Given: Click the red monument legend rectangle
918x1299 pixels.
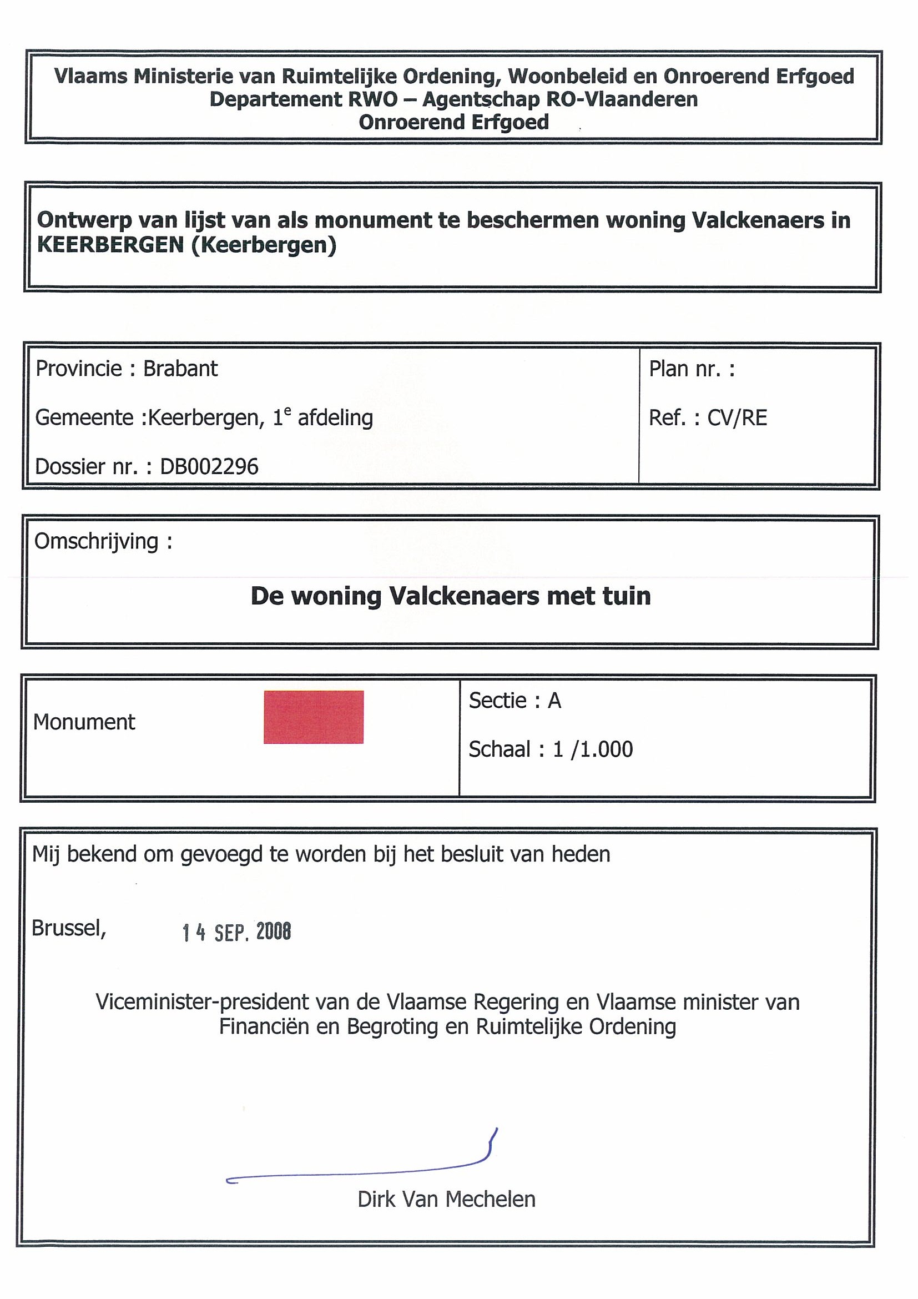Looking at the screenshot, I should (314, 717).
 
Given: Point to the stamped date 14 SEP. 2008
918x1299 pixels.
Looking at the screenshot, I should (236, 932).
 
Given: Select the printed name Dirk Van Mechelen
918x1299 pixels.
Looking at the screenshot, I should (446, 1200).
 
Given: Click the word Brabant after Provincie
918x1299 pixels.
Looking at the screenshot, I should (180, 369).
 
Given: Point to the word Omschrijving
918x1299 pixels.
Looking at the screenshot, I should (96, 541).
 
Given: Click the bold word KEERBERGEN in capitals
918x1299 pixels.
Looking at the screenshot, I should (110, 245).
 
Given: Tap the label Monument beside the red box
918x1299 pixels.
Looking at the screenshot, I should (84, 722).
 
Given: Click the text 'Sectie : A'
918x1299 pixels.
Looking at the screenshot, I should (515, 701).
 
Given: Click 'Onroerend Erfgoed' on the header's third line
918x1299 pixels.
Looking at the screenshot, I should (453, 122).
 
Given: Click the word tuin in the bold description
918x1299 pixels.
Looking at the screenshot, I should (627, 596).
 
